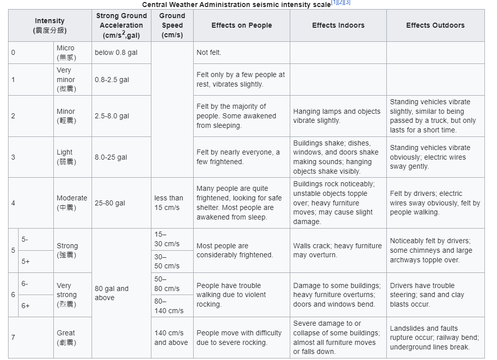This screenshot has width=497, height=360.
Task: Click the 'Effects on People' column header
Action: [241, 25]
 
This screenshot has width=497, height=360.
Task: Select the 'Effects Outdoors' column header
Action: [435, 25]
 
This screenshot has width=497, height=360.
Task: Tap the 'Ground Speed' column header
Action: [172, 25]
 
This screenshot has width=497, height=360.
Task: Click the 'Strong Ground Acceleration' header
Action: [121, 25]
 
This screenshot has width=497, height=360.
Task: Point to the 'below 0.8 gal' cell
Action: [116, 52]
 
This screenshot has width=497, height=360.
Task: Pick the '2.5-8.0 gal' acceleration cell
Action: [112, 116]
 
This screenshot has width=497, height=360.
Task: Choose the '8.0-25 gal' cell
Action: [111, 157]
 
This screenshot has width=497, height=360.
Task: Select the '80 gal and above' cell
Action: [112, 293]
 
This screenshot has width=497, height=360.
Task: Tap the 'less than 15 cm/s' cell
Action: [169, 203]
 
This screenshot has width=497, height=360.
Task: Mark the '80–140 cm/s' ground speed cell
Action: [169, 306]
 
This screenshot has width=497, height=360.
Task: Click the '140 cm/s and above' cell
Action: [171, 337]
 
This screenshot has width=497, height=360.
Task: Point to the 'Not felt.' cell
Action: [209, 52]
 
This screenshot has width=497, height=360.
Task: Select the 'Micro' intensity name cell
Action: [66, 52]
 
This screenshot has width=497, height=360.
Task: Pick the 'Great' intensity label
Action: [66, 337]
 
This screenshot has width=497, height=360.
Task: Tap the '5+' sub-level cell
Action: [26, 261]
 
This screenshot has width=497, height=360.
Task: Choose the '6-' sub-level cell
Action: [25, 283]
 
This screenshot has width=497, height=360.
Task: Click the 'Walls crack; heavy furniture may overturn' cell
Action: [338, 250]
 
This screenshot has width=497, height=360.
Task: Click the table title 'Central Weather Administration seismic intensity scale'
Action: [236, 5]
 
